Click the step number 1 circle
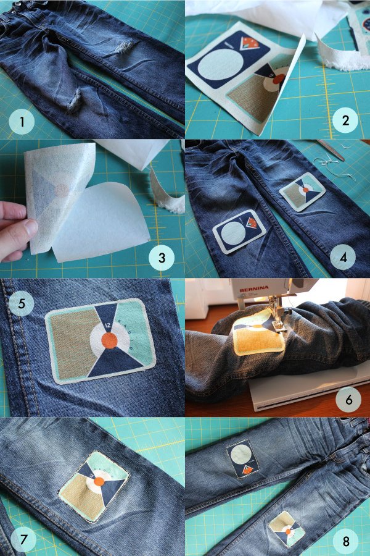22,122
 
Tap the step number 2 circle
345,120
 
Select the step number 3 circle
162,258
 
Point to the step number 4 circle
343,257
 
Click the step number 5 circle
21,303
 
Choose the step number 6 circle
349,400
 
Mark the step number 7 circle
23,539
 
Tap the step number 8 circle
345,541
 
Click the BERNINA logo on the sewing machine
254,290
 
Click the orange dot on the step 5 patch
109,341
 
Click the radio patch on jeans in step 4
303,192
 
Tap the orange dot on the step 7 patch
99,481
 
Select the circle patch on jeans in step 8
243,459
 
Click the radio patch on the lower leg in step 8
287,529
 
